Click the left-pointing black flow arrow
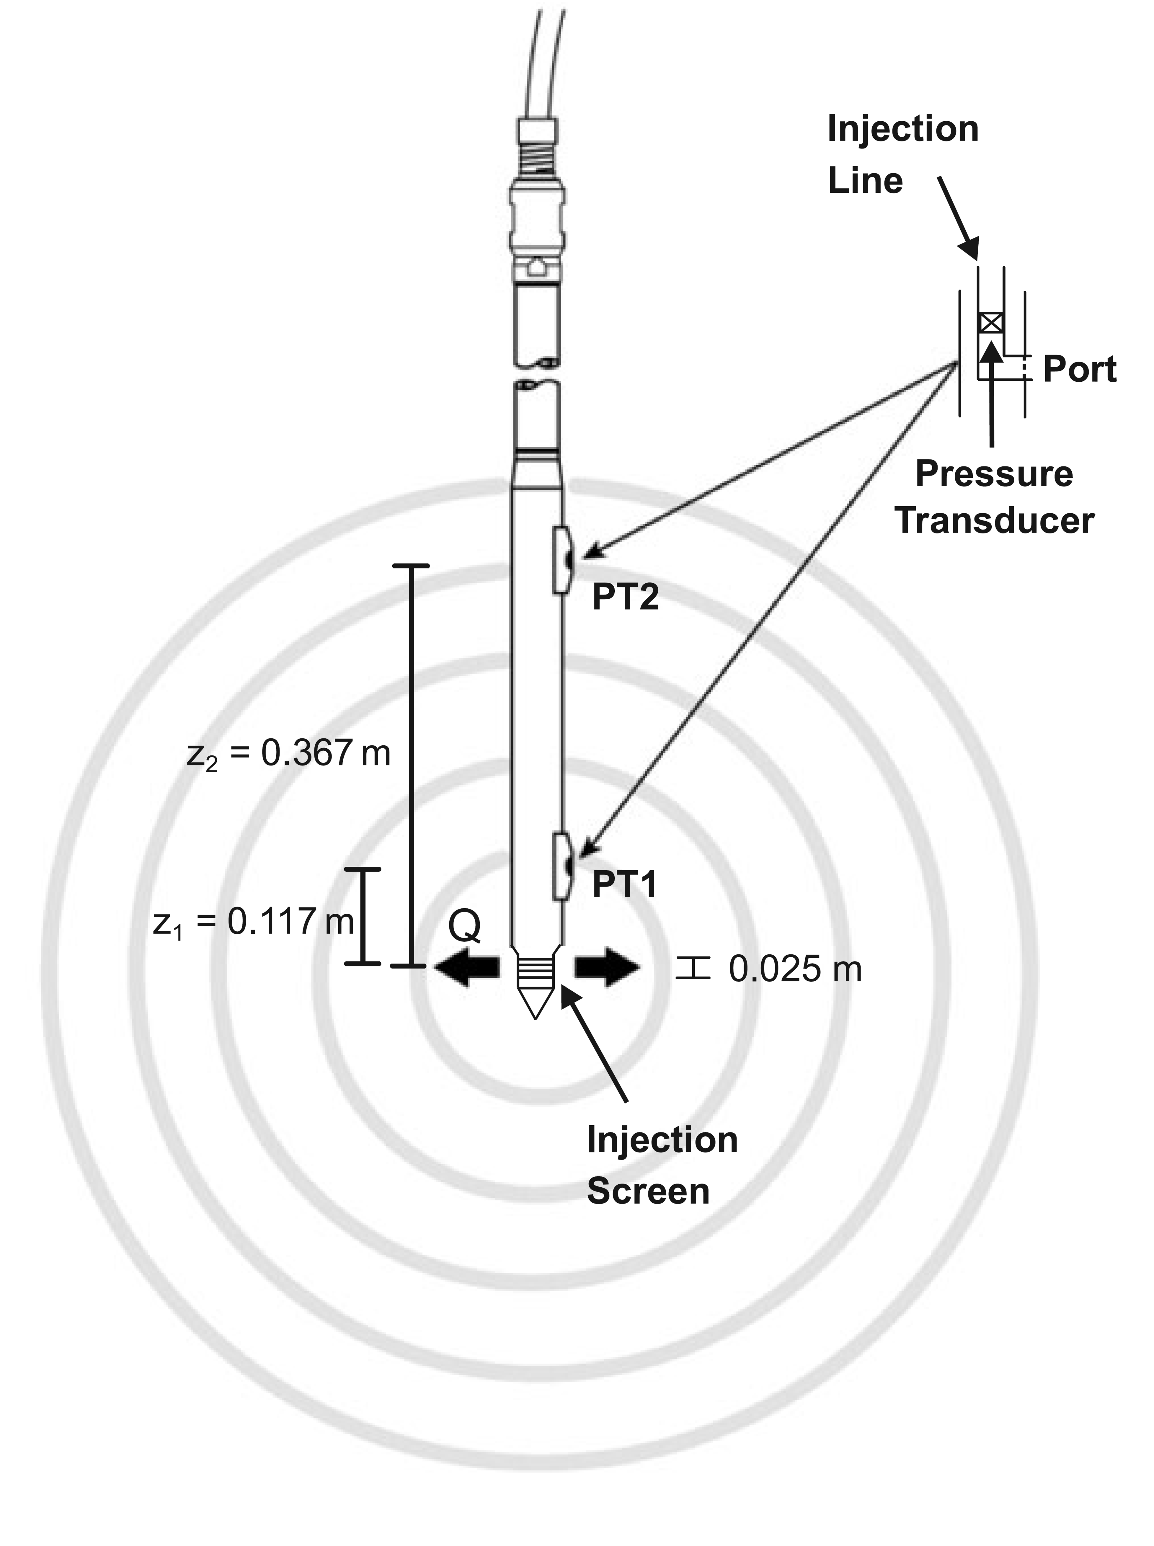[467, 968]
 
